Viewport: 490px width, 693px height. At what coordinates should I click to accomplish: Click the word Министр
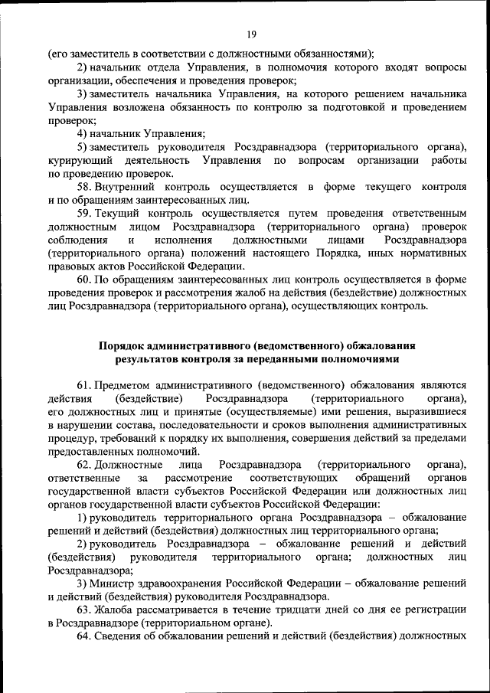pyautogui.click(x=111, y=583)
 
